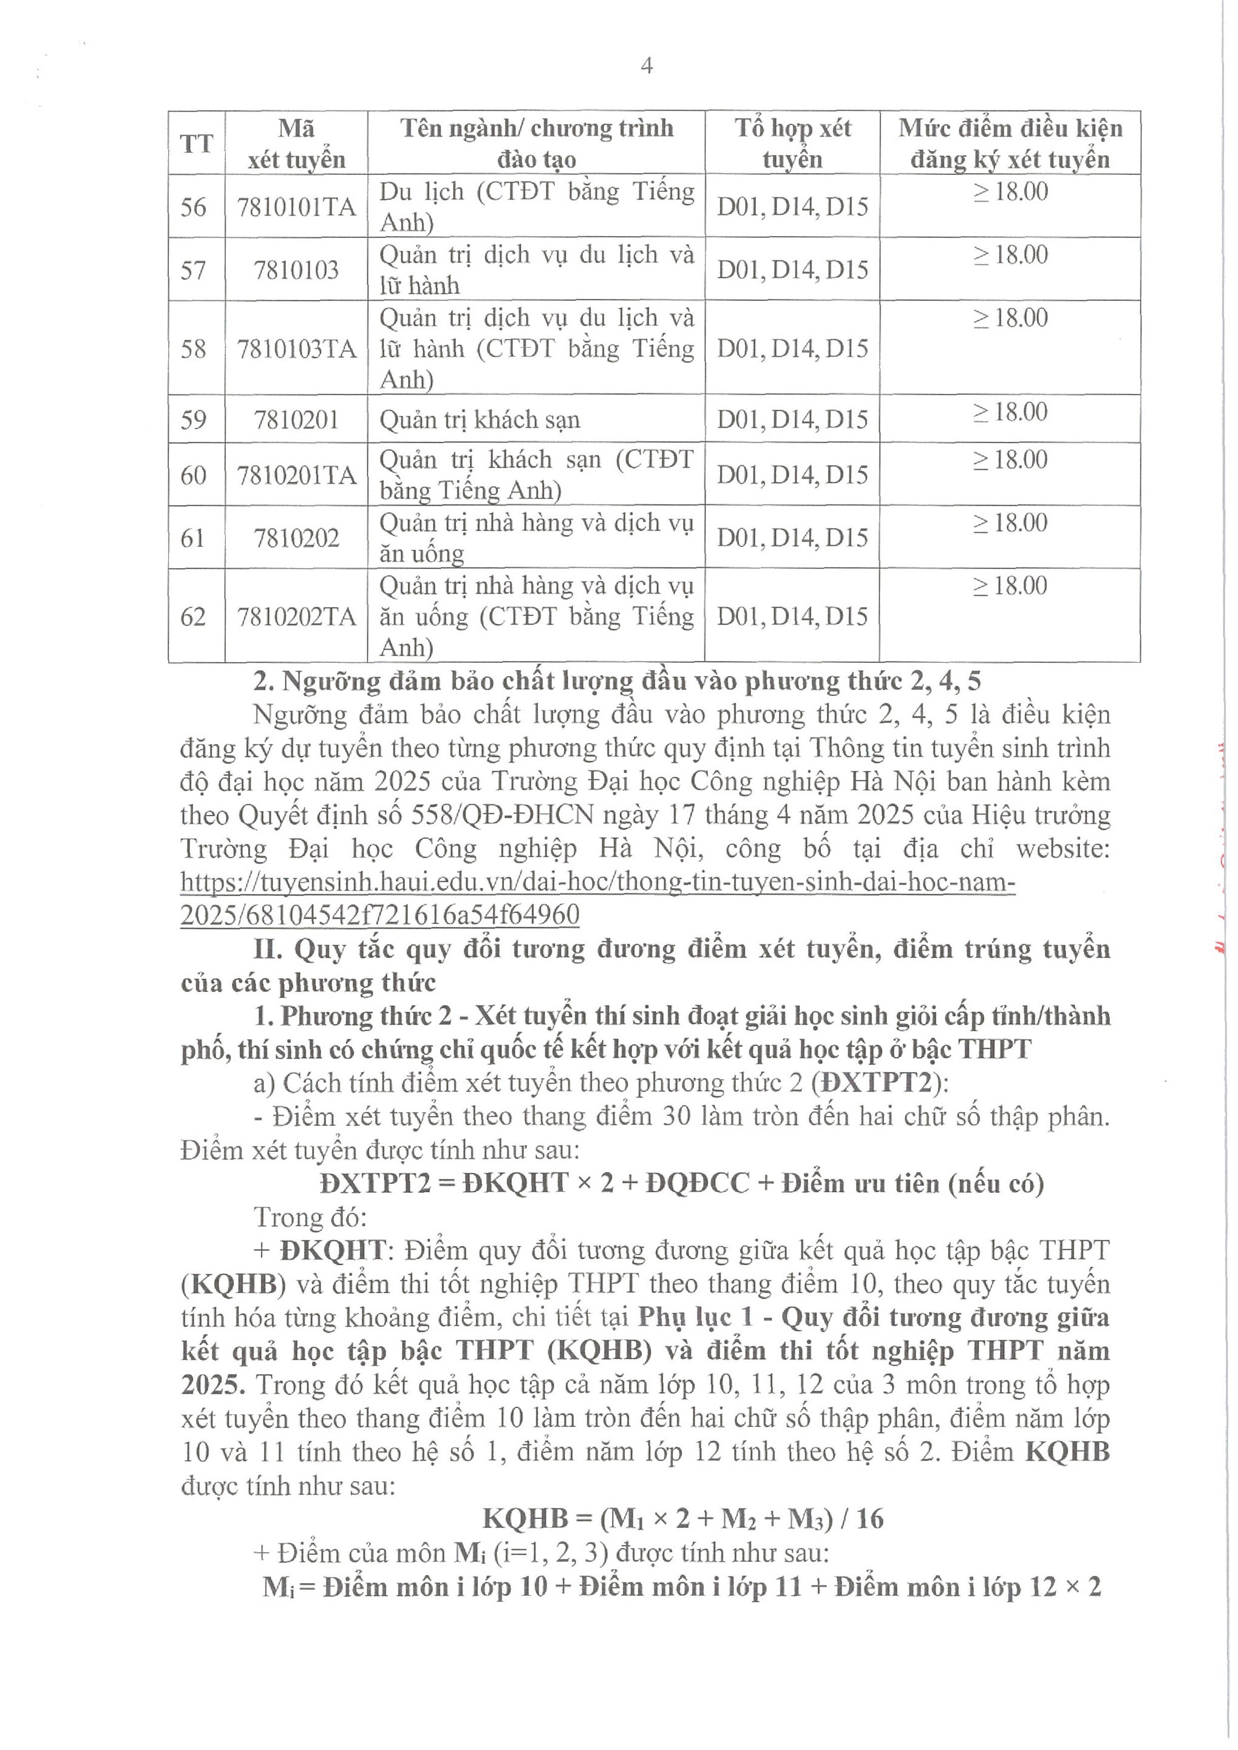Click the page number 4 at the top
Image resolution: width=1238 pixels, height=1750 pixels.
coord(647,67)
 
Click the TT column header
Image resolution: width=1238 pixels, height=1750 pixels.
coord(196,143)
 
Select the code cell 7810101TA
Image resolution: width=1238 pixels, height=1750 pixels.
coord(296,206)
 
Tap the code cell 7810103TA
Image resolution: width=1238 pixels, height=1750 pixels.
coord(296,349)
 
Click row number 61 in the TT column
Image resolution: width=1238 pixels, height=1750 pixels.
coord(193,538)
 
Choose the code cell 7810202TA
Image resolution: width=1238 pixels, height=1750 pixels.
coord(296,617)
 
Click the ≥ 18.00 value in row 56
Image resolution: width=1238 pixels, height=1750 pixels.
coord(1010,191)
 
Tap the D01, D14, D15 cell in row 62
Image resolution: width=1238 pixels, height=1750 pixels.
coord(792,617)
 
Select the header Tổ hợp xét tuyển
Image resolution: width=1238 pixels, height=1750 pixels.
coord(792,143)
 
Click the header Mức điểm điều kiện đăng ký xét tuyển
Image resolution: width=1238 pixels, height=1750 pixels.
coord(1010,143)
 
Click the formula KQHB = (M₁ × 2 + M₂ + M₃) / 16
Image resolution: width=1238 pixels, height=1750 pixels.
coord(683,1519)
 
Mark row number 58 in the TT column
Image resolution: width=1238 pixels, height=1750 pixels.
coord(193,349)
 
